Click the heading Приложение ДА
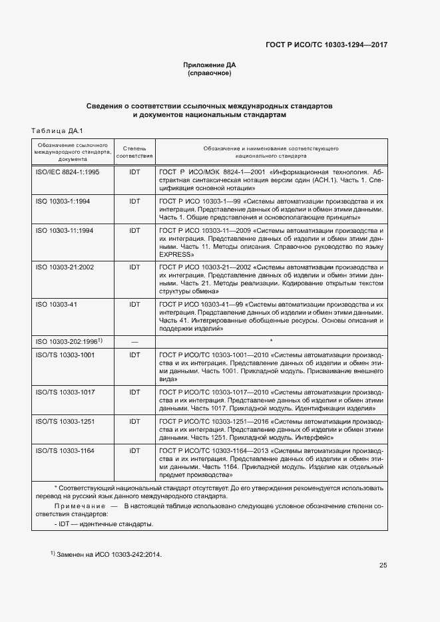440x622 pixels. pos(210,65)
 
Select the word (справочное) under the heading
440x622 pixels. pos(210,73)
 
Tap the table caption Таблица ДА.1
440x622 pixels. pos(56,130)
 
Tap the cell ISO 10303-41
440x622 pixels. pos(55,303)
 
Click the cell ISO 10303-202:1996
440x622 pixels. pos(67,341)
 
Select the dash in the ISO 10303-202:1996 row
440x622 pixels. pos(134,341)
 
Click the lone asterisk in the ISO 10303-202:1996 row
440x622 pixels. pos(271,341)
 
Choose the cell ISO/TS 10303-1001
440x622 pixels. pos(65,355)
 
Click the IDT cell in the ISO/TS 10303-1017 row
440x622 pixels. pos(134,392)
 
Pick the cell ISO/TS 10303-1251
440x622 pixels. pos(65,422)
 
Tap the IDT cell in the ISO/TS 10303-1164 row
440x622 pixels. pos(134,451)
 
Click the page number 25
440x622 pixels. pos(383,565)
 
